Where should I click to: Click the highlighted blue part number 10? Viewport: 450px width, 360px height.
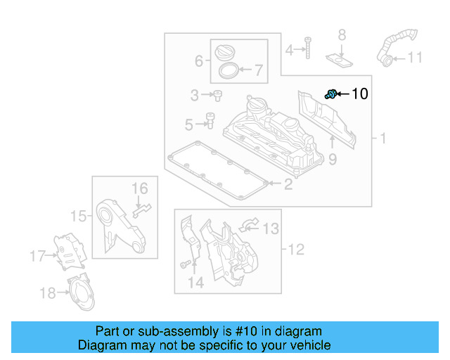pos(329,94)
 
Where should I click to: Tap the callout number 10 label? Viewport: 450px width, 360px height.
pos(359,94)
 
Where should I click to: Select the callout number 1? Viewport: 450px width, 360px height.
pos(382,139)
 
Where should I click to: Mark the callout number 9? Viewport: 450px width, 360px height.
pos(333,160)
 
